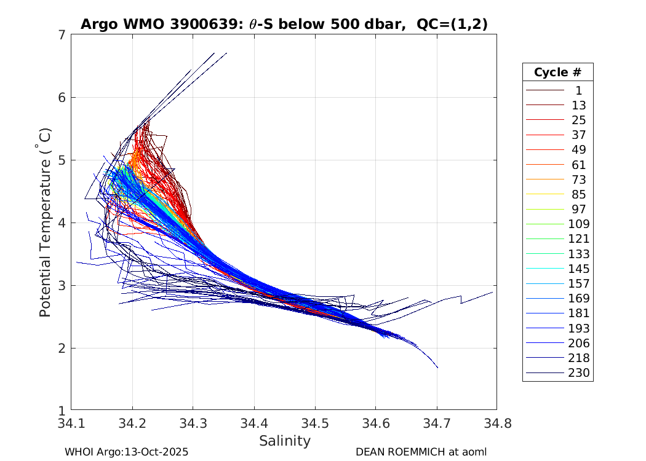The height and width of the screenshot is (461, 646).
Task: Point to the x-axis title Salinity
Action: (x=284, y=441)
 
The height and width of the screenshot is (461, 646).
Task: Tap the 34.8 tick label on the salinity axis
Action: (x=495, y=424)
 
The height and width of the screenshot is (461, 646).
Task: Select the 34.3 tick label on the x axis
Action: (x=193, y=424)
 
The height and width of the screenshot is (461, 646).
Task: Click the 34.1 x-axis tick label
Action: (x=71, y=424)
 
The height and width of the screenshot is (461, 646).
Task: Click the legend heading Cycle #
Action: (x=557, y=72)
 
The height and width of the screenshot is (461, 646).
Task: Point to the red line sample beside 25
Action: (x=544, y=120)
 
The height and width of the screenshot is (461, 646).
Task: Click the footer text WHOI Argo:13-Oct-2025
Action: (x=126, y=452)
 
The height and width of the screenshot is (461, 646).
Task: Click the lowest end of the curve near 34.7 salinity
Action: (x=437, y=368)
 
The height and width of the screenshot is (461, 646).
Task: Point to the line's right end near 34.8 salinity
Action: (x=492, y=293)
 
